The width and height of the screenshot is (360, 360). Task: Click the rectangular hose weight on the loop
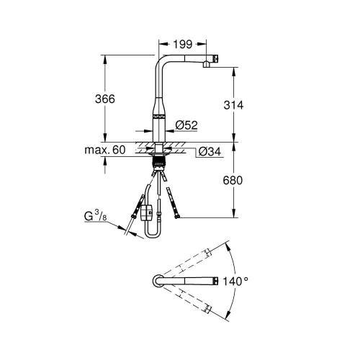point(146,213)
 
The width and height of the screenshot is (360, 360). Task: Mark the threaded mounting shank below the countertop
point(157,163)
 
